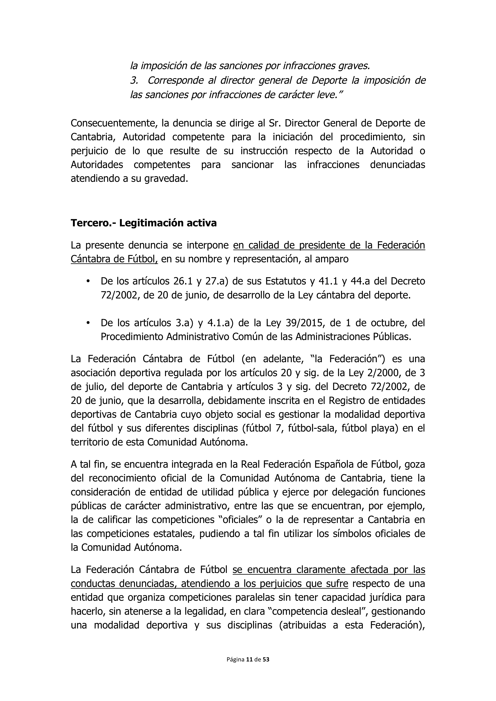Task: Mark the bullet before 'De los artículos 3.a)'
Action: (88, 323)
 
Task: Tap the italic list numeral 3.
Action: (134, 81)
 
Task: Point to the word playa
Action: (384, 428)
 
